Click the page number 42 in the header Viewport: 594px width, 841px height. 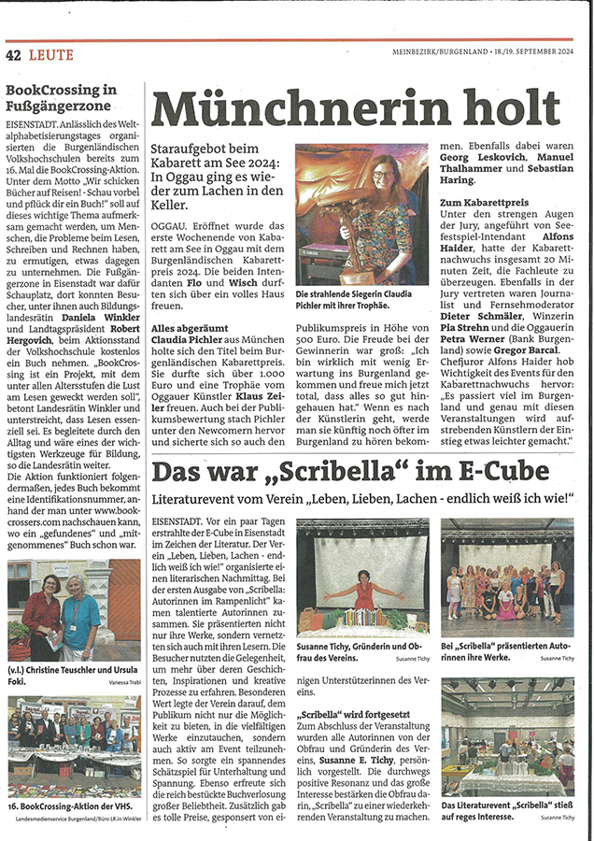click(x=14, y=55)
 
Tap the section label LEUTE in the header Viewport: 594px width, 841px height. click(x=50, y=55)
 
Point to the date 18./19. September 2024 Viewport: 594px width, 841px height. click(x=536, y=55)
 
